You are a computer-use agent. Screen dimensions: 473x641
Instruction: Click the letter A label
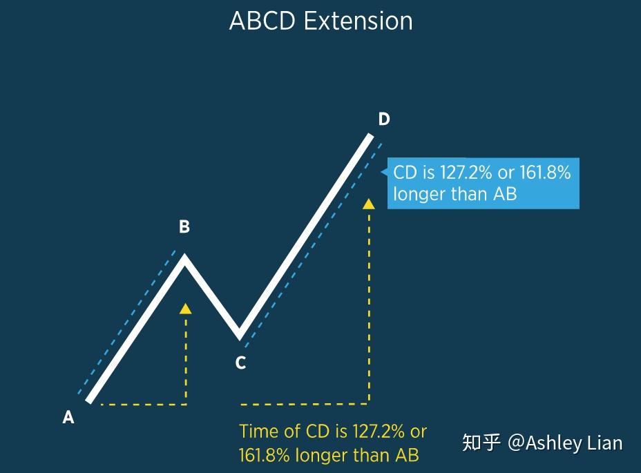pos(68,417)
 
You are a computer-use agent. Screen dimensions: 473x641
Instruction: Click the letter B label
pos(184,227)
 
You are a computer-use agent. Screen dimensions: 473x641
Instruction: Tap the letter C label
pos(240,363)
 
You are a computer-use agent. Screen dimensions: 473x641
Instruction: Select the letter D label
pos(384,119)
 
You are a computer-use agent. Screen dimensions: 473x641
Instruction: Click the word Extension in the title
pos(358,21)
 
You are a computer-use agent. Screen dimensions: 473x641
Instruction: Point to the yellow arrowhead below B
pos(185,309)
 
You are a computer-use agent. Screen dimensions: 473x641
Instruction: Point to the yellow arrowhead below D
pos(369,203)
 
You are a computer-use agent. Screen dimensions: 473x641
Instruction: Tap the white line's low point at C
pos(240,336)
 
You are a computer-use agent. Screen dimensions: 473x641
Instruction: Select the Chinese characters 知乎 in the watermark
pos(481,443)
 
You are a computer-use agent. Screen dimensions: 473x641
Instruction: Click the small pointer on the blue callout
pos(384,173)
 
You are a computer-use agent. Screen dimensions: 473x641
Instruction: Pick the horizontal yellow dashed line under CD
pos(304,404)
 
